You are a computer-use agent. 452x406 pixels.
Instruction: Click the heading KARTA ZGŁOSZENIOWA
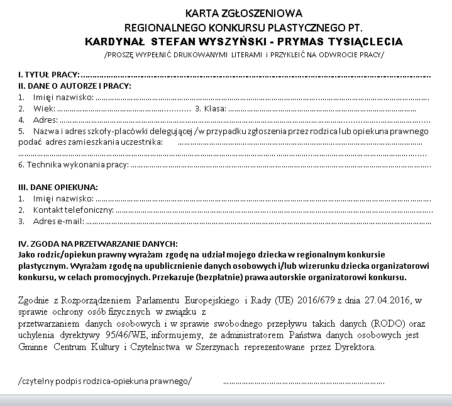tap(244, 13)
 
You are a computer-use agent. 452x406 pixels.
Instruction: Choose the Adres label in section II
tap(45, 119)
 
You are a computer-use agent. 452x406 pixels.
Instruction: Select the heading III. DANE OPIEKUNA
tap(58, 188)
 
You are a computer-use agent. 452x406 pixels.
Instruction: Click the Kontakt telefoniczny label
tap(73, 210)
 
